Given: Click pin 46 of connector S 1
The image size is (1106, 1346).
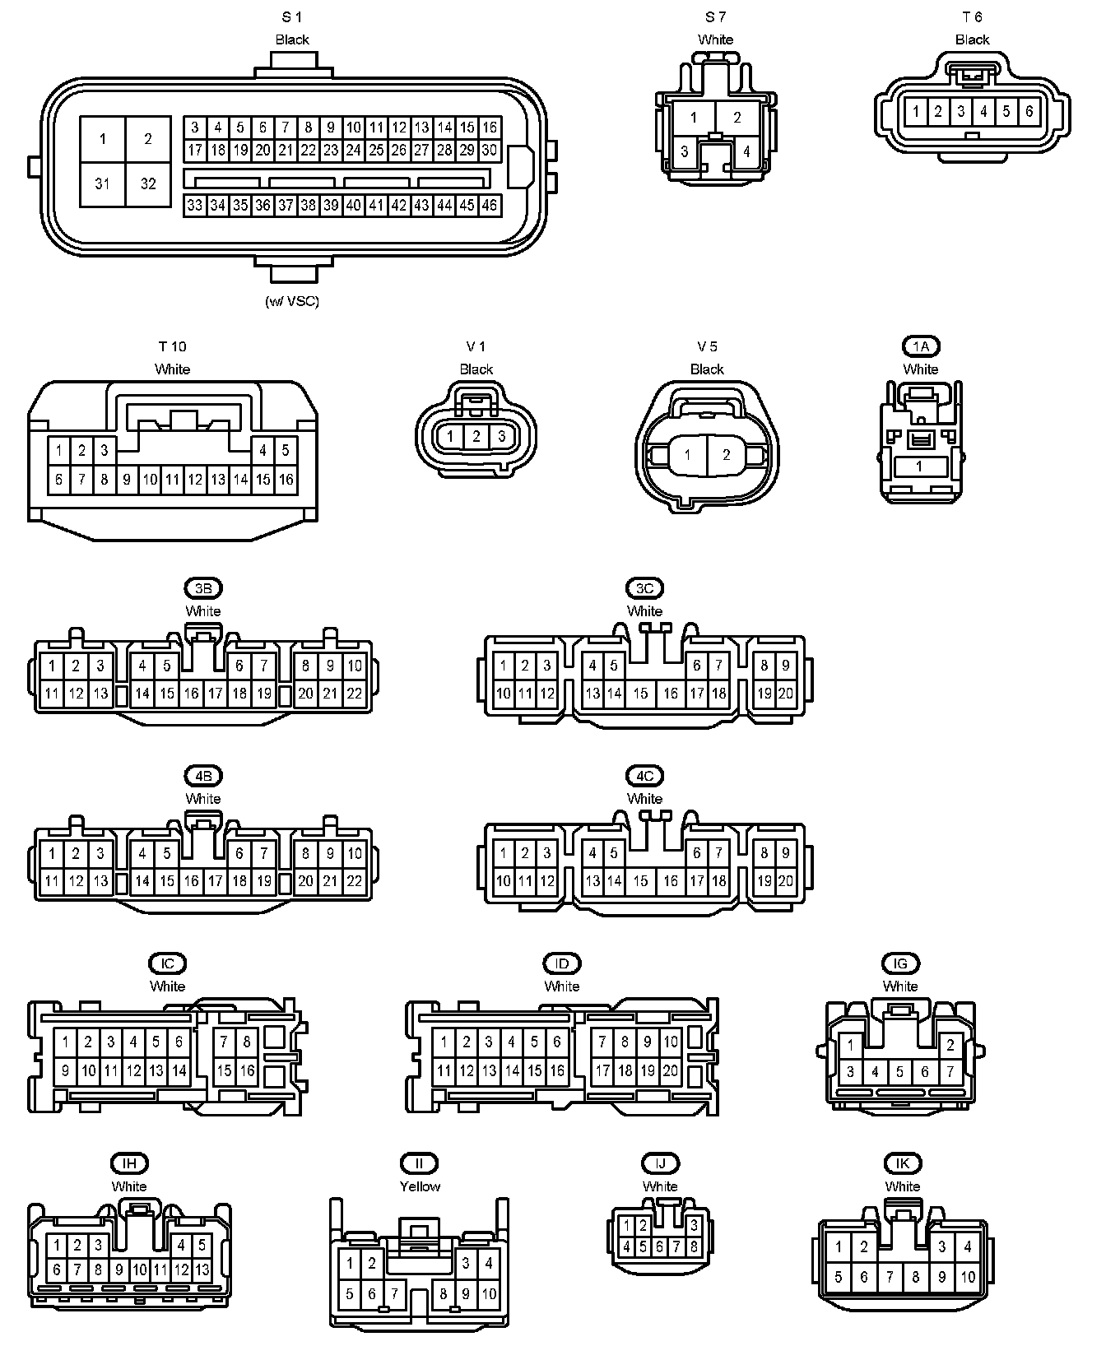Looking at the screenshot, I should (490, 205).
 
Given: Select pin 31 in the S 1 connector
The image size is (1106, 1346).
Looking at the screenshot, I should (103, 183).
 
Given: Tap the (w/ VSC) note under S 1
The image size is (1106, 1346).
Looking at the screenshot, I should (292, 301).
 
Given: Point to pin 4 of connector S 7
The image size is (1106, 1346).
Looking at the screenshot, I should (746, 152).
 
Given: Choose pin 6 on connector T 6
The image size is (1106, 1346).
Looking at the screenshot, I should (1029, 111).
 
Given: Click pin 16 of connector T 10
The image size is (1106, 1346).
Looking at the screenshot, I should (286, 479).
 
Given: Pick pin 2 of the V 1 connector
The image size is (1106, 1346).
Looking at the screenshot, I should (476, 437).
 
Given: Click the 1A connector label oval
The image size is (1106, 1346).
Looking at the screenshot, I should (920, 346).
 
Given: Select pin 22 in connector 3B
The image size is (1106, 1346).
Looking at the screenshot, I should (354, 694).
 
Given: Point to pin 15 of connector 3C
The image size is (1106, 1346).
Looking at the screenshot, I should (641, 694).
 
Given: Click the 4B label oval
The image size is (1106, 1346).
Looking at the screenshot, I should (203, 776).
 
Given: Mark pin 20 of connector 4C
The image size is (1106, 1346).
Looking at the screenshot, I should (786, 881).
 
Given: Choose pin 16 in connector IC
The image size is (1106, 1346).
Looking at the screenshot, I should (247, 1071).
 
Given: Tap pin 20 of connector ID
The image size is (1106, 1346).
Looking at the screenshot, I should (671, 1071).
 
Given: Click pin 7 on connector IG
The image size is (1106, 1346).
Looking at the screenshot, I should (950, 1072).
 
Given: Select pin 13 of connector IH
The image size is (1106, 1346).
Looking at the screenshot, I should (202, 1269).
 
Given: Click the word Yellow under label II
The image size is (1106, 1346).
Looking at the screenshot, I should (420, 1186).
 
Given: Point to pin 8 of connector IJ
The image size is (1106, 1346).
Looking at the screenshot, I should (694, 1246).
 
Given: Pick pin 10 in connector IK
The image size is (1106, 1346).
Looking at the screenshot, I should (968, 1278).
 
